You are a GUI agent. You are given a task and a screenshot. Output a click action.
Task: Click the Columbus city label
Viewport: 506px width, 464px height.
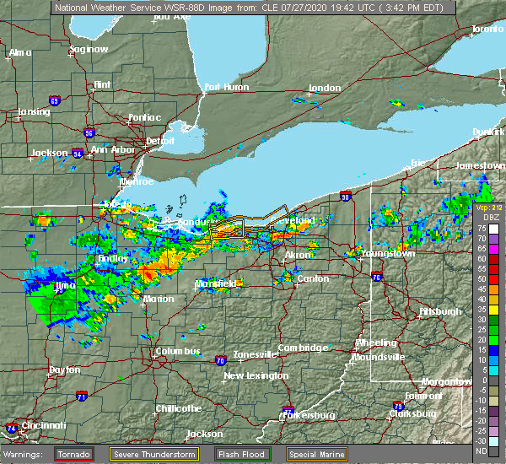[x=176, y=351]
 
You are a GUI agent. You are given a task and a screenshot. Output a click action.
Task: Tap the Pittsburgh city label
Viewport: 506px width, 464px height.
[x=440, y=311]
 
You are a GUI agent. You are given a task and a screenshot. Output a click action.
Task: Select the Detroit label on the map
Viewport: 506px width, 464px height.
[x=160, y=141]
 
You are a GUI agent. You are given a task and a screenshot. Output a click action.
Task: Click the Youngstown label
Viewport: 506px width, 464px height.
[x=387, y=253]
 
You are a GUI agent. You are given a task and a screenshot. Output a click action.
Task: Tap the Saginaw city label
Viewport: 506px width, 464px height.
[x=89, y=49]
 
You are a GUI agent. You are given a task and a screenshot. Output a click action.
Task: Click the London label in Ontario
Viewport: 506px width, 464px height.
[x=324, y=88]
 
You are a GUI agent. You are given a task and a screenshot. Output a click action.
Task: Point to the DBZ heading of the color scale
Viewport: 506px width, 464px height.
[x=490, y=217]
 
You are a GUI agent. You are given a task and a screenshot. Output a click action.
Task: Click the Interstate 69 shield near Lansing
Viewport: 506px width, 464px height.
[x=54, y=101]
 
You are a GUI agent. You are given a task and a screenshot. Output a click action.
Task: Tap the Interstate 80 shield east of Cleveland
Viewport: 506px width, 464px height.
[x=346, y=197]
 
